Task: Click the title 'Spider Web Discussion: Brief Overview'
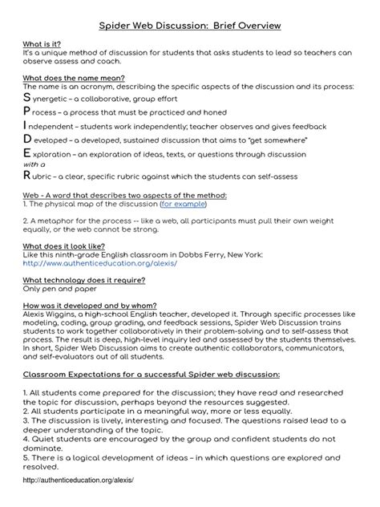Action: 189,26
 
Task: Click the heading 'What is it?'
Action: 41,45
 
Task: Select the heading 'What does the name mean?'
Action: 73,78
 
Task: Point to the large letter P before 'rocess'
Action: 27,112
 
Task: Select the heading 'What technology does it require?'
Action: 83,280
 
